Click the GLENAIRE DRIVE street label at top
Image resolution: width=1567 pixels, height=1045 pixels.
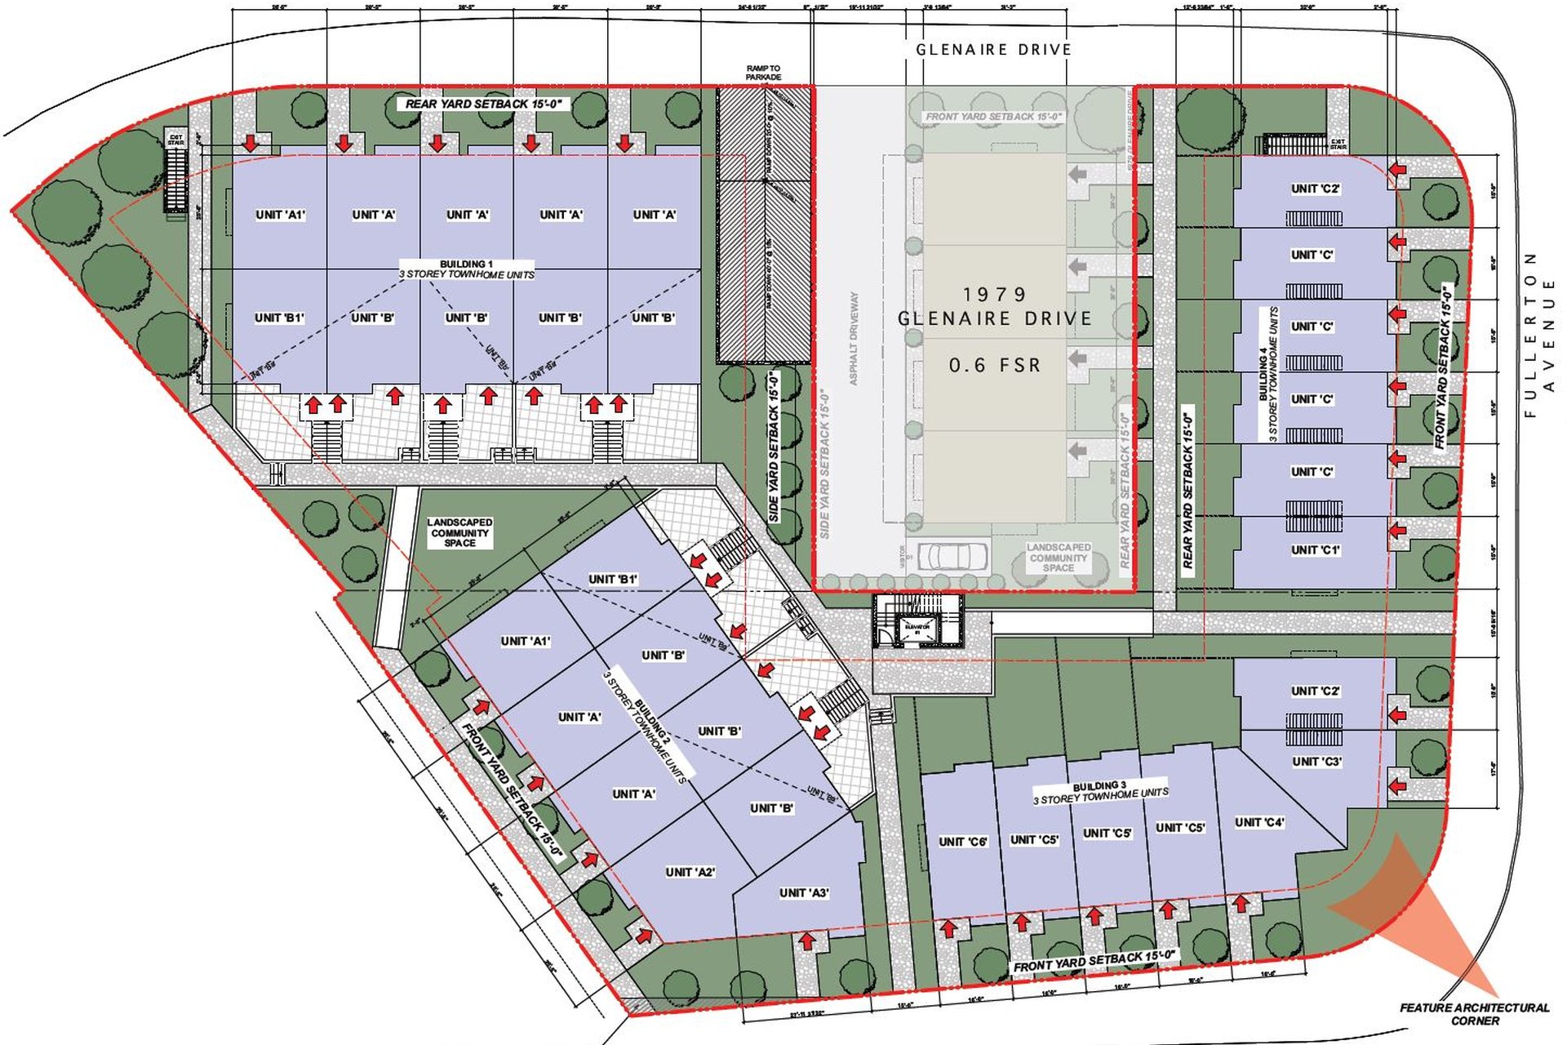(993, 50)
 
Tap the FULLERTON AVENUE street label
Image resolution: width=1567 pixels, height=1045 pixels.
(1539, 335)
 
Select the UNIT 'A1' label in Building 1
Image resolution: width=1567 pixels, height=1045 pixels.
(280, 215)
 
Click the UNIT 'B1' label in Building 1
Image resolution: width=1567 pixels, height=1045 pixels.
(279, 318)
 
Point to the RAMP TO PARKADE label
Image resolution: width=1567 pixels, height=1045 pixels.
(763, 73)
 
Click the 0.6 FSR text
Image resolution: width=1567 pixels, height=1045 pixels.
(995, 365)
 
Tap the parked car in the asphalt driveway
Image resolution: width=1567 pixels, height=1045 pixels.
(952, 556)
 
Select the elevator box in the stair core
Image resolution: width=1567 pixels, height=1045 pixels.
(917, 629)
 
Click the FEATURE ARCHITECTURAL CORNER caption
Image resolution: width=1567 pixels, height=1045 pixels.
(1474, 1014)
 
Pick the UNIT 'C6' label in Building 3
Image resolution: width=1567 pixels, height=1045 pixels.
(963, 842)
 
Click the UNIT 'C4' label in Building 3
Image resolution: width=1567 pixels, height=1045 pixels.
(1259, 822)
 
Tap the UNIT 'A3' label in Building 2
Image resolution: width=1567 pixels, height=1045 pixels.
(804, 892)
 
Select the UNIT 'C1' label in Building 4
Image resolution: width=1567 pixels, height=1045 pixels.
(1315, 550)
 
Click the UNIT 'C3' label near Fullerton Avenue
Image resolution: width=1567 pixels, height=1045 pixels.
(1316, 762)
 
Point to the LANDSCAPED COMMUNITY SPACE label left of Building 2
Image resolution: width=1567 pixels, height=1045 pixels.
(459, 532)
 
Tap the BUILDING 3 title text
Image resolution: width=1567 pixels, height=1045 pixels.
(1099, 785)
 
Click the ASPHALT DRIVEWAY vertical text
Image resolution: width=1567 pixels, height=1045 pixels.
(854, 338)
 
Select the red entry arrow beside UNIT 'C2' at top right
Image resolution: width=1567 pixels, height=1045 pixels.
(1397, 170)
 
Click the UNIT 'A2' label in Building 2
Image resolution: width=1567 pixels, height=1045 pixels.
(690, 872)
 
